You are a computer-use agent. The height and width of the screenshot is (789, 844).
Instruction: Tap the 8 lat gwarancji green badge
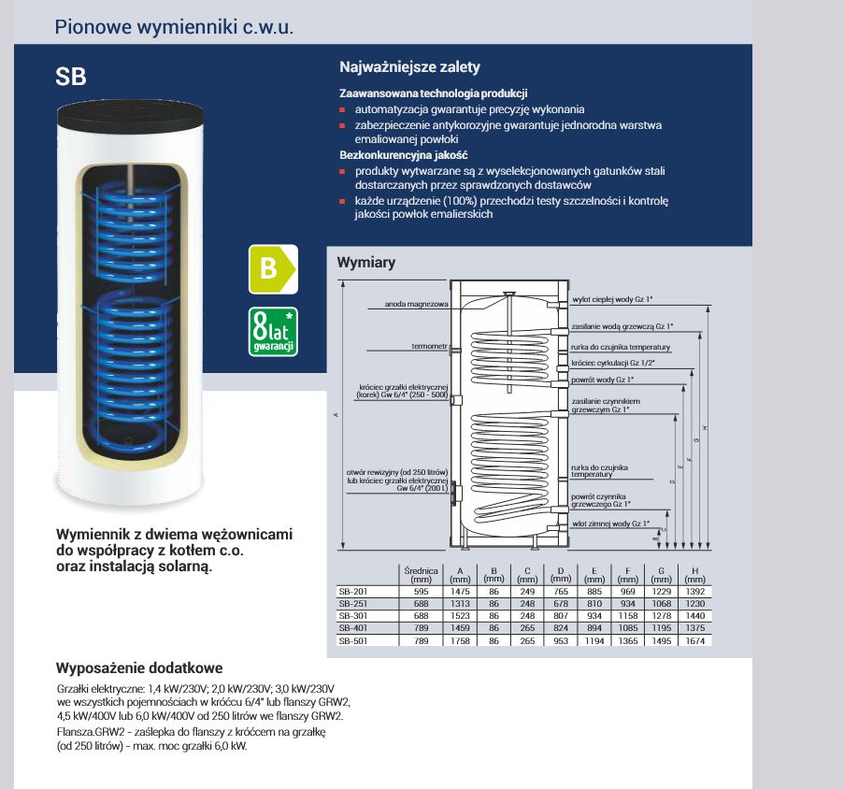273,332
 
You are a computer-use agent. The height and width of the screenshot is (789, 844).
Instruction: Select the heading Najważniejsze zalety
409,67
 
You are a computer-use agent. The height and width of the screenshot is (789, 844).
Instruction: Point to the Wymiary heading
365,263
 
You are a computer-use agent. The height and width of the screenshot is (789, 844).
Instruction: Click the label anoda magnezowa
417,304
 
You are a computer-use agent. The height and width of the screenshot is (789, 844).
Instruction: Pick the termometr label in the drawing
430,347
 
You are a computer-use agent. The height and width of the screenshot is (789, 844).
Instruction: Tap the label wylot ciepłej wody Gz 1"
611,299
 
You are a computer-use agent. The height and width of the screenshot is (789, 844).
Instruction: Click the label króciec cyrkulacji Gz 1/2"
614,361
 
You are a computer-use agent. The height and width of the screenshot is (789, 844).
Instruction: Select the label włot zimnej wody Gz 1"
609,524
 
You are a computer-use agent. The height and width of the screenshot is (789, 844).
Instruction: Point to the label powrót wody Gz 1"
602,380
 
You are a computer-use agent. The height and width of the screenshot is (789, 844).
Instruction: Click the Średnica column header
422,574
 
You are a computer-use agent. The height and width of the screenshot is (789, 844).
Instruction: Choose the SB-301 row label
354,616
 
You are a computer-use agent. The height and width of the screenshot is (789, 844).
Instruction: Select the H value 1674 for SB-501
694,641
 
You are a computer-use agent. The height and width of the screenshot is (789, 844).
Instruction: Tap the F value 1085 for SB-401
627,629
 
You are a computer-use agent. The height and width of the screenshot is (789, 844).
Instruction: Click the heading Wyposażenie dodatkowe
139,668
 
